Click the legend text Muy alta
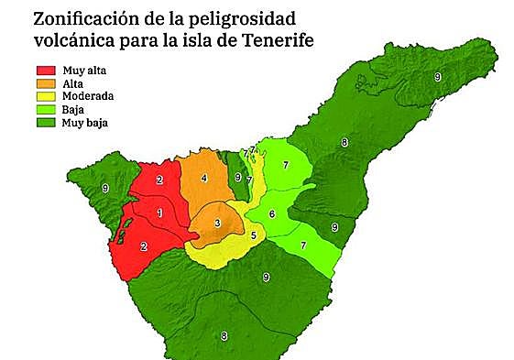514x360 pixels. tap(82, 71)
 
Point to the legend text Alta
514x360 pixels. tap(72, 82)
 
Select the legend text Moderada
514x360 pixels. tap(85, 94)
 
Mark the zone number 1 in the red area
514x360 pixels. tap(160, 213)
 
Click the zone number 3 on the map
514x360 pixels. tap(217, 224)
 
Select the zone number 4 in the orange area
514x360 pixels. tap(203, 178)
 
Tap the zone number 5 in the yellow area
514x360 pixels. tap(253, 235)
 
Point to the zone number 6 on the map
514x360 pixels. tap(271, 214)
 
